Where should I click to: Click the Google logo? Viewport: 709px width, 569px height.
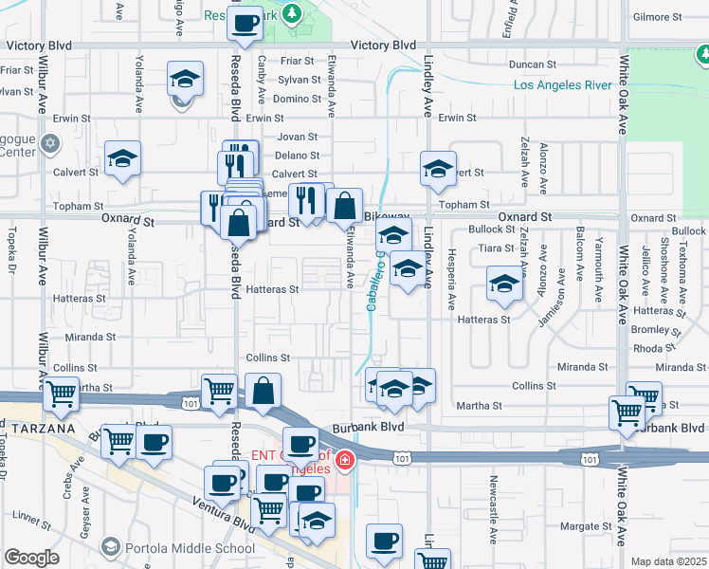(31, 557)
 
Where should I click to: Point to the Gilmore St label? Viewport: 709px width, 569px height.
(659, 17)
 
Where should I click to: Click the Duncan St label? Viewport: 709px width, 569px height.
(532, 64)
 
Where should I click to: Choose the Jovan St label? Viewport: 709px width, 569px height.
(296, 137)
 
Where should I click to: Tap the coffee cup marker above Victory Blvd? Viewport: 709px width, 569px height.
(245, 23)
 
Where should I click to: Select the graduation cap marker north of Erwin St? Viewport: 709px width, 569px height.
(185, 79)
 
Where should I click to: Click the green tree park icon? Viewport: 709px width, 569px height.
(294, 13)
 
